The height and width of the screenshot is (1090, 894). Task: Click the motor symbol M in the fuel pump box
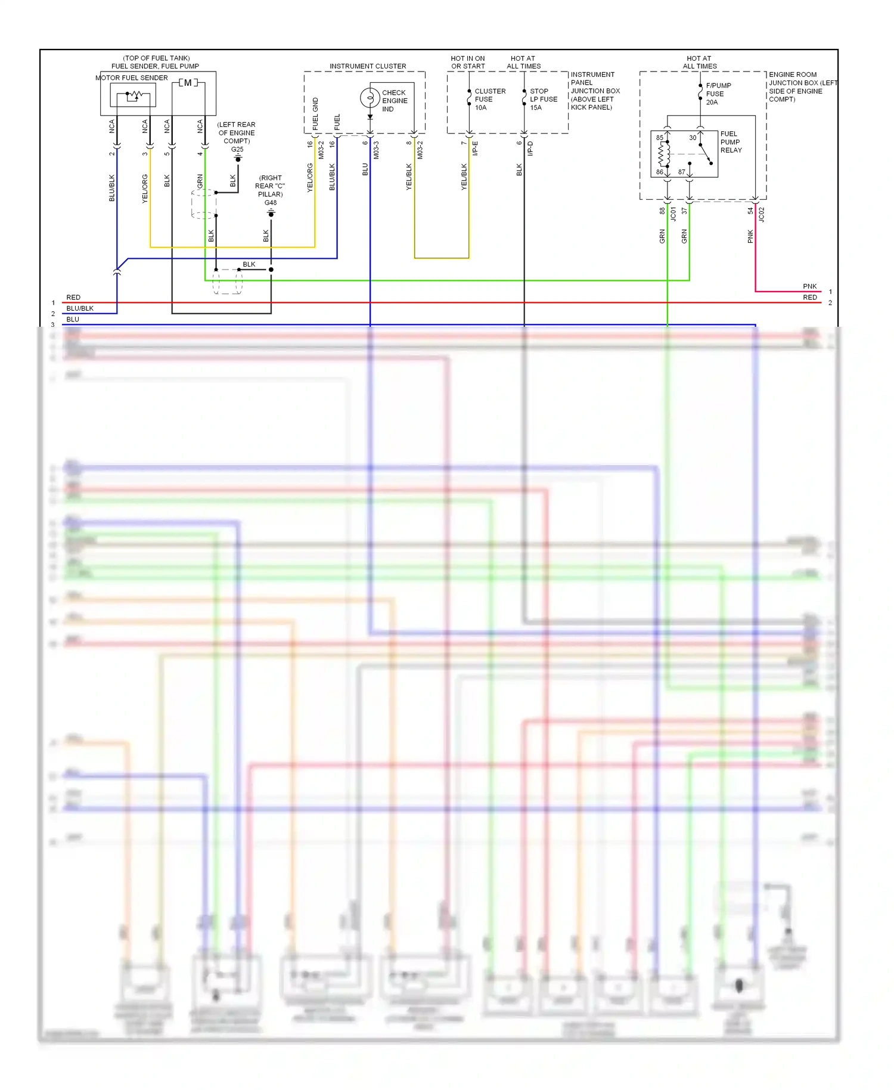188,83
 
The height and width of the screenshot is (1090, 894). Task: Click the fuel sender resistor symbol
135,95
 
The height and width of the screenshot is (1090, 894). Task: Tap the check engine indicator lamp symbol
370,97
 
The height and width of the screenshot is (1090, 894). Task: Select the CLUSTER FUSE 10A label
489,99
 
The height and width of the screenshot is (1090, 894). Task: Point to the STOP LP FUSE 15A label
544,99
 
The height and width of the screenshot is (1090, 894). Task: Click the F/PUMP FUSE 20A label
718,94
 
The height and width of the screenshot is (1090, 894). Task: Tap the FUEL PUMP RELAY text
731,142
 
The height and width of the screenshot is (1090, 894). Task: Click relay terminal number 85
659,138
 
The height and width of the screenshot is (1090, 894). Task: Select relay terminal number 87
681,172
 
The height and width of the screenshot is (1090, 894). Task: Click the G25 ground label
237,150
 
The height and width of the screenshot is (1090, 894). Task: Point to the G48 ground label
271,203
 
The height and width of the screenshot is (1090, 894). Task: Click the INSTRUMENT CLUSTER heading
368,66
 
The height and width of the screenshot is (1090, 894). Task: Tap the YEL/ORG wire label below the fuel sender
145,188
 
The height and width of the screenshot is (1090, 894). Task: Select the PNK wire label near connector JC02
750,236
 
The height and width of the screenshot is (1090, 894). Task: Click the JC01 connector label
673,214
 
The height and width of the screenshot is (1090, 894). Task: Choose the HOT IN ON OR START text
468,63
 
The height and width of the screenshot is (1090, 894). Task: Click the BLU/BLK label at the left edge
80,308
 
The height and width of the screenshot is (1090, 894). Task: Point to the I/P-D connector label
530,148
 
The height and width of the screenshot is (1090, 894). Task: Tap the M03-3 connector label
376,150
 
